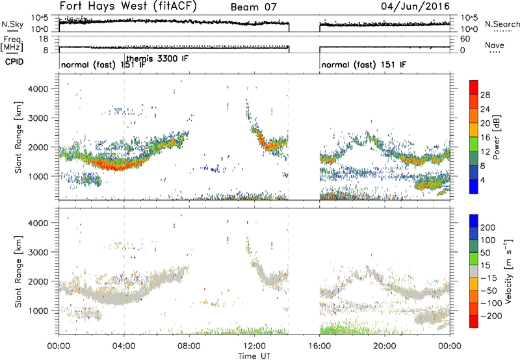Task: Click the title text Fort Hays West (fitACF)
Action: pyautogui.click(x=128, y=6)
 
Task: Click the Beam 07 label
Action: pyautogui.click(x=253, y=7)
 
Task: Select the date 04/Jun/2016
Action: pyautogui.click(x=415, y=6)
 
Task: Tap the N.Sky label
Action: pyautogui.click(x=12, y=25)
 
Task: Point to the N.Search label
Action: pyautogui.click(x=502, y=24)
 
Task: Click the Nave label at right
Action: pyautogui.click(x=495, y=45)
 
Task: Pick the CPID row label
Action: pyautogui.click(x=14, y=62)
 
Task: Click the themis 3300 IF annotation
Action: pyautogui.click(x=157, y=58)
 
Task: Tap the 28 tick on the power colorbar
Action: pyautogui.click(x=485, y=95)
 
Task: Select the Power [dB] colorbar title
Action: pyautogui.click(x=496, y=137)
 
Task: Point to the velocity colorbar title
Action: pyautogui.click(x=508, y=271)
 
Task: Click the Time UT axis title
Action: pyautogui.click(x=254, y=355)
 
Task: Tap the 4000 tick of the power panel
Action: pyautogui.click(x=38, y=89)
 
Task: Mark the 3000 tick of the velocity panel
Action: pyautogui.click(x=38, y=252)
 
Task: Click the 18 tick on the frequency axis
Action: pyautogui.click(x=44, y=39)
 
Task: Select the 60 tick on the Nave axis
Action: pyautogui.click(x=465, y=39)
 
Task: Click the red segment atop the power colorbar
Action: pyautogui.click(x=474, y=85)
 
